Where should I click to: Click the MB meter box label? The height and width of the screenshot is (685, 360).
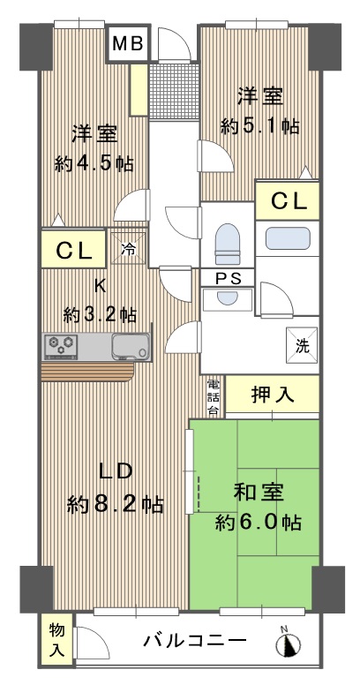pyautogui.click(x=129, y=43)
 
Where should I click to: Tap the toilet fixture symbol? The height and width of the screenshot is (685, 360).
pyautogui.click(x=228, y=244)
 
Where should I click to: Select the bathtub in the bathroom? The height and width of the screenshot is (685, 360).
pyautogui.click(x=288, y=238)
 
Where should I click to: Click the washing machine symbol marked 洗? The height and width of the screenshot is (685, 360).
pyautogui.click(x=302, y=345)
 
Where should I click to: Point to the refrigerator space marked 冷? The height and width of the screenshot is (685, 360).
pyautogui.click(x=128, y=249)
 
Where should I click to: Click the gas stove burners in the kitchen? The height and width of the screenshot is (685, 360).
pyautogui.click(x=61, y=346)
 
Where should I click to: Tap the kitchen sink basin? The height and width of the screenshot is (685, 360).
pyautogui.click(x=131, y=346)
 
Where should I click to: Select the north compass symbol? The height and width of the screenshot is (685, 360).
pyautogui.click(x=289, y=643)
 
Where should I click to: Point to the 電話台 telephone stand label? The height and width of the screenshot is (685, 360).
pyautogui.click(x=213, y=397)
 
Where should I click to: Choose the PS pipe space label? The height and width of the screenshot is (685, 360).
pyautogui.click(x=228, y=278)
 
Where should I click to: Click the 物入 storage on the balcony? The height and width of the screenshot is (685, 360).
pyautogui.click(x=57, y=641)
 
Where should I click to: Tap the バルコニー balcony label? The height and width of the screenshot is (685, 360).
pyautogui.click(x=195, y=642)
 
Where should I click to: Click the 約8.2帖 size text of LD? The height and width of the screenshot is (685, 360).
pyautogui.click(x=116, y=506)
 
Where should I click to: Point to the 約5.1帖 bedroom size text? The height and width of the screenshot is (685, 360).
pyautogui.click(x=260, y=127)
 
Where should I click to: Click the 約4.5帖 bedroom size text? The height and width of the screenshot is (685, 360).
pyautogui.click(x=94, y=164)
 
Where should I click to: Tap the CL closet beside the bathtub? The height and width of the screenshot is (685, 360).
pyautogui.click(x=288, y=201)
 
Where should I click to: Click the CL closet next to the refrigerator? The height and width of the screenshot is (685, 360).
pyautogui.click(x=74, y=250)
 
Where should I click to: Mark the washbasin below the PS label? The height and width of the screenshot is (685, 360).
pyautogui.click(x=227, y=299)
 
